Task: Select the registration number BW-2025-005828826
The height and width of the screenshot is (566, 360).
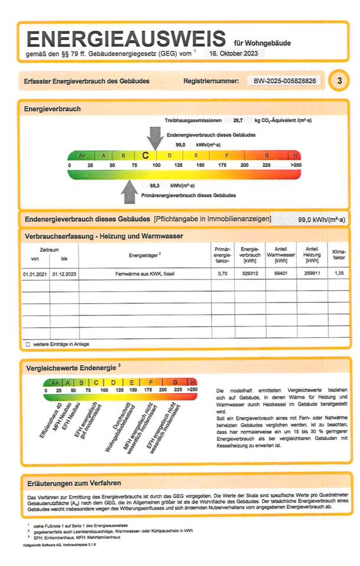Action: (x=285, y=80)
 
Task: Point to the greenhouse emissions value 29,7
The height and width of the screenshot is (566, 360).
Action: (x=238, y=120)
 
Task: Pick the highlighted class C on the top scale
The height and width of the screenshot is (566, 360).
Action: (x=146, y=156)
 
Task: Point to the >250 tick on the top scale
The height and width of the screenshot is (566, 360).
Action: (x=295, y=166)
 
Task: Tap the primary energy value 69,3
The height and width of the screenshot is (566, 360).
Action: (x=156, y=185)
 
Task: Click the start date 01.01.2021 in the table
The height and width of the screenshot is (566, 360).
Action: (x=34, y=274)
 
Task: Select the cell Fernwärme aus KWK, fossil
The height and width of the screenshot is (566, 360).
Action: (x=145, y=274)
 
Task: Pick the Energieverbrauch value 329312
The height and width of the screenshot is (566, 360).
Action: (x=250, y=274)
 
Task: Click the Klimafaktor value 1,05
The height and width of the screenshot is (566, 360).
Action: (x=339, y=274)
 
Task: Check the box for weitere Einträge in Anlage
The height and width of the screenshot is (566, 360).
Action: (x=27, y=344)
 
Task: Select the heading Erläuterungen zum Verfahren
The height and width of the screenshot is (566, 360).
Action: (x=74, y=483)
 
